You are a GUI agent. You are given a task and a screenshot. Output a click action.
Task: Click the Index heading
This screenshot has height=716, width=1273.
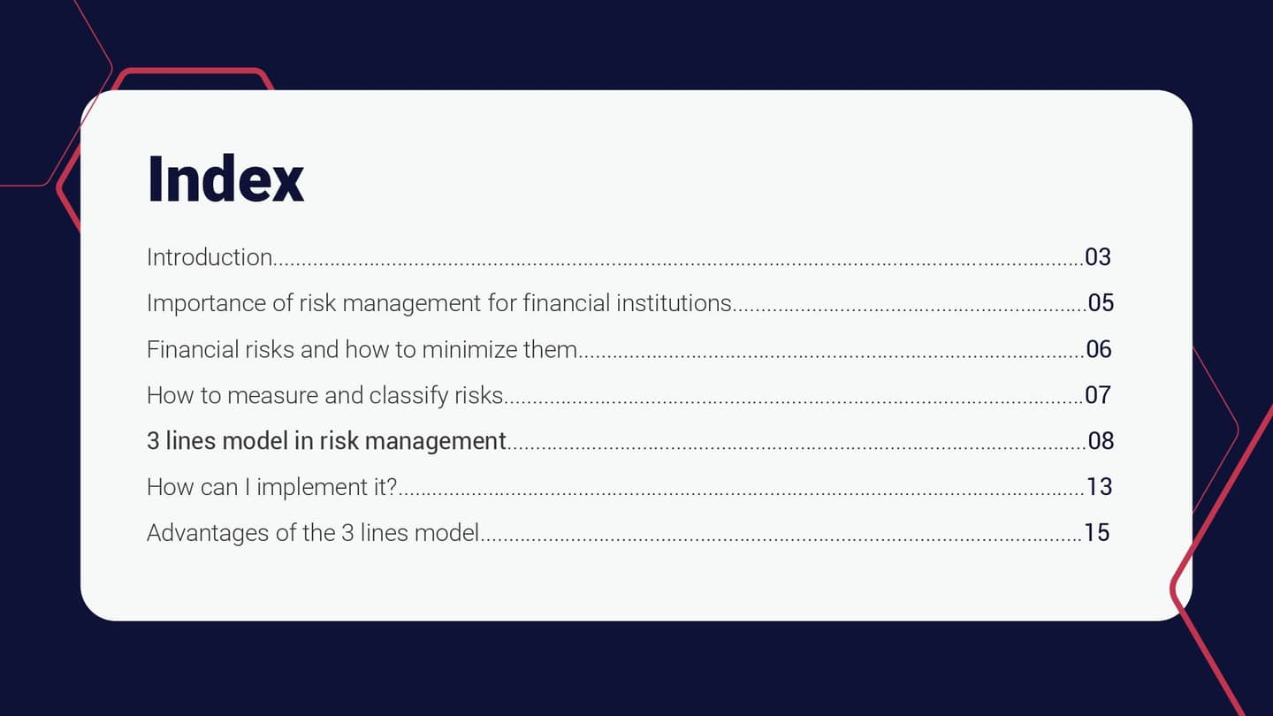click(x=225, y=179)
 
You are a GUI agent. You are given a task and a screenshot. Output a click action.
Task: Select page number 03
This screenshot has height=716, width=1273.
click(x=1097, y=257)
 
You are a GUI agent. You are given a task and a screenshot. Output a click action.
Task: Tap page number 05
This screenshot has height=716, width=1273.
click(x=1101, y=303)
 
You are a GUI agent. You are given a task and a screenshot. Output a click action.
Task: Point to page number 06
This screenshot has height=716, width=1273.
click(x=1098, y=349)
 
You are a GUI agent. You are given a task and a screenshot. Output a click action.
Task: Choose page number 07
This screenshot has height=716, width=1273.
click(x=1097, y=395)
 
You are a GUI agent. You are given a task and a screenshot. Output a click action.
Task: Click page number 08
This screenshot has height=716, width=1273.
click(x=1101, y=440)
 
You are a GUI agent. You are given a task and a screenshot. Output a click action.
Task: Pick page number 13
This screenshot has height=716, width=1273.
click(x=1099, y=487)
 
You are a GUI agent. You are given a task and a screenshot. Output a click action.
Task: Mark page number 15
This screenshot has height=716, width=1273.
click(x=1096, y=533)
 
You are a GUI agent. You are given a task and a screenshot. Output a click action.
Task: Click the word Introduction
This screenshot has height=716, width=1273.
click(x=210, y=257)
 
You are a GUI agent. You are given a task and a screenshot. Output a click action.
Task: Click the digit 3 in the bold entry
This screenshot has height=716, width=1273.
click(x=153, y=440)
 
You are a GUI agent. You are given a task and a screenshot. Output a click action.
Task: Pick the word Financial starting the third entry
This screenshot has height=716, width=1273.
click(x=189, y=349)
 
